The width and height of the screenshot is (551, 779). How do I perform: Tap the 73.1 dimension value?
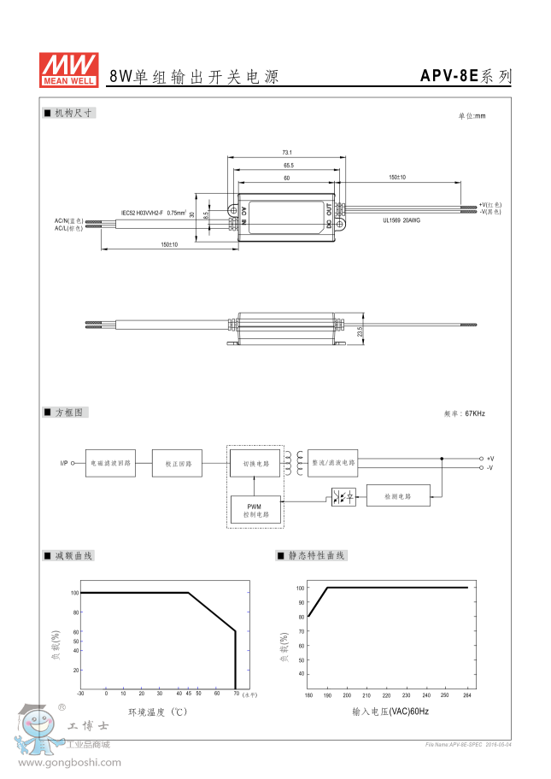(x=287, y=152)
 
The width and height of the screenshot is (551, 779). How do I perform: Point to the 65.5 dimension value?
(x=287, y=165)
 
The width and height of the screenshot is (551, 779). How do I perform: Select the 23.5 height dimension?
(x=360, y=331)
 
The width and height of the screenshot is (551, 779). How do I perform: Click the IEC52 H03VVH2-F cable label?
(x=153, y=213)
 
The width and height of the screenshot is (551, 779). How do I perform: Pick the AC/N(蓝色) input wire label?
(x=69, y=221)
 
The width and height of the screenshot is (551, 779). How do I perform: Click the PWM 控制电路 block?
(x=254, y=511)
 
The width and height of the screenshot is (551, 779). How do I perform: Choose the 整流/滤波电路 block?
(x=332, y=463)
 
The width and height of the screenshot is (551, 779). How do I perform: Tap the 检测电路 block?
(x=397, y=495)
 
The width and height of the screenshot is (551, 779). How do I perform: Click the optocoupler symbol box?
(x=343, y=496)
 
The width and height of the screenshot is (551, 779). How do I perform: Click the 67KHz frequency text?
(x=474, y=413)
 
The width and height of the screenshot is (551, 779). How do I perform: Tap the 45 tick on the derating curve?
(x=188, y=693)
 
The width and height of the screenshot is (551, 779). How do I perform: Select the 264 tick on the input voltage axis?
(x=467, y=695)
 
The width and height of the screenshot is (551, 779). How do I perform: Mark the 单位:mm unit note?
(x=472, y=115)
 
